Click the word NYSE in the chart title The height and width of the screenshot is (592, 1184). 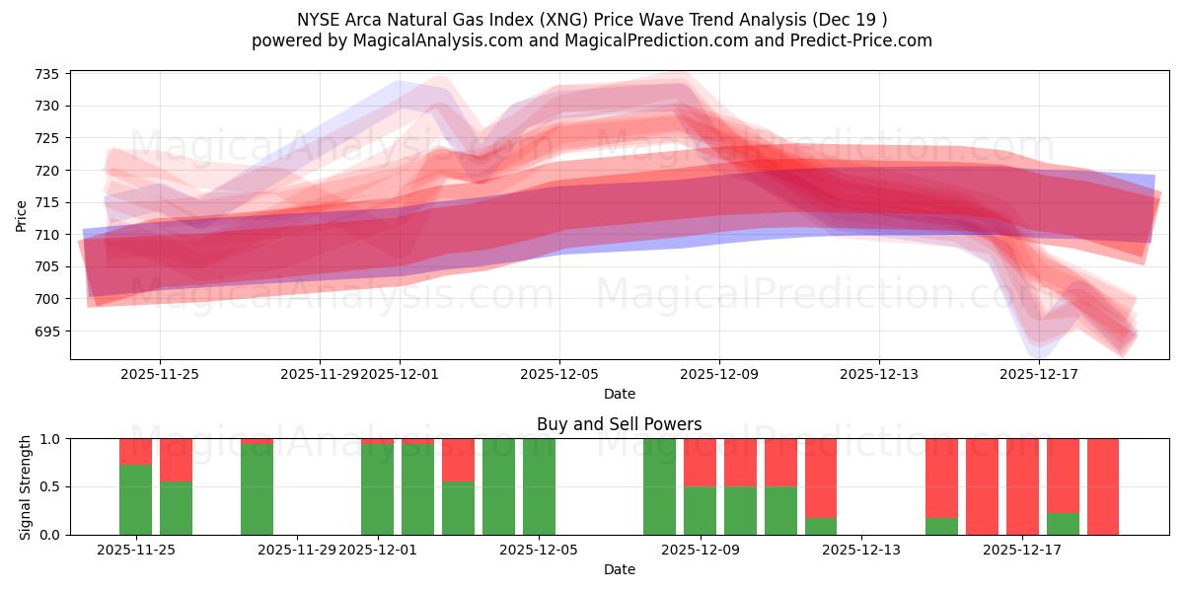(319, 20)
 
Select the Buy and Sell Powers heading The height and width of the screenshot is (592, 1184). (619, 424)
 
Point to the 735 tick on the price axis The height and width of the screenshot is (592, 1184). (46, 74)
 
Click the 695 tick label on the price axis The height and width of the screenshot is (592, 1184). (46, 331)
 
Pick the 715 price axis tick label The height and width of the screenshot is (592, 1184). (46, 202)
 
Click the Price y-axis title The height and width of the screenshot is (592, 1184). (22, 215)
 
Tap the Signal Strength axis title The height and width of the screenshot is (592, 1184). (26, 486)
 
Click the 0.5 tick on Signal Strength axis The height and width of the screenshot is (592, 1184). (49, 486)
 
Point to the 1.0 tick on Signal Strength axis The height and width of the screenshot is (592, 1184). (49, 438)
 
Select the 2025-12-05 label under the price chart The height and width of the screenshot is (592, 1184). (559, 374)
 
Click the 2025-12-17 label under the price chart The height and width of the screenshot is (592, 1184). (1039, 374)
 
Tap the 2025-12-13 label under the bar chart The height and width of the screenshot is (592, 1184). (861, 550)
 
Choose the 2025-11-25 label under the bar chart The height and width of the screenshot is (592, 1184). (135, 550)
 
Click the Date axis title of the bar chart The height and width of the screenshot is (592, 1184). (619, 569)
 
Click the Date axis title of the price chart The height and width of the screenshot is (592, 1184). (619, 394)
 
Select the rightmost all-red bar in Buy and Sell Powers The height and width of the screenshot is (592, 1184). (1102, 486)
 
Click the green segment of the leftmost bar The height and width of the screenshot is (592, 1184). (135, 499)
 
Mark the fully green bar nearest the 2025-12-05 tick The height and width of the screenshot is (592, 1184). (539, 486)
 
